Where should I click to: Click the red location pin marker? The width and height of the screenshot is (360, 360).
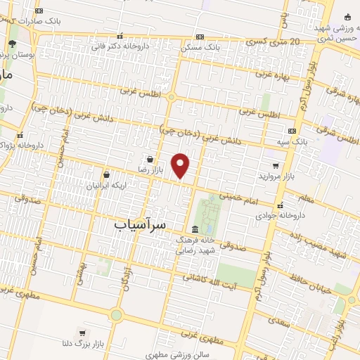click(181, 165)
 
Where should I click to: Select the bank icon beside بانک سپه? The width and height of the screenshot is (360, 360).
click(292, 131)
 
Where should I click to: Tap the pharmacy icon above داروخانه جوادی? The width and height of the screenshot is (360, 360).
click(280, 206)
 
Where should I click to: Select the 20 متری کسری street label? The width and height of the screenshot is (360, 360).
click(276, 42)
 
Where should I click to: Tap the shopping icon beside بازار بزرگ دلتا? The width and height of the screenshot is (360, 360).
click(83, 333)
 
